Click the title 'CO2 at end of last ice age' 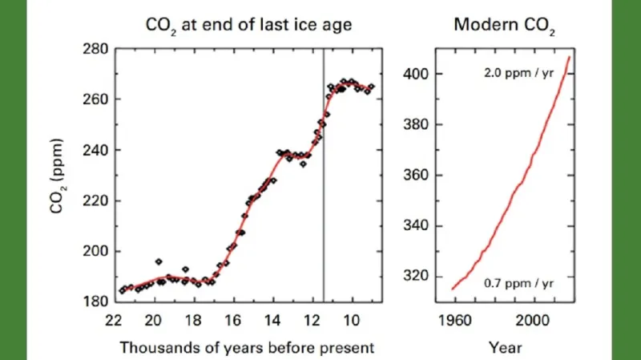point(248,25)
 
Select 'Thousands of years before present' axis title point(247,348)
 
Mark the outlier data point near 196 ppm point(159,261)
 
